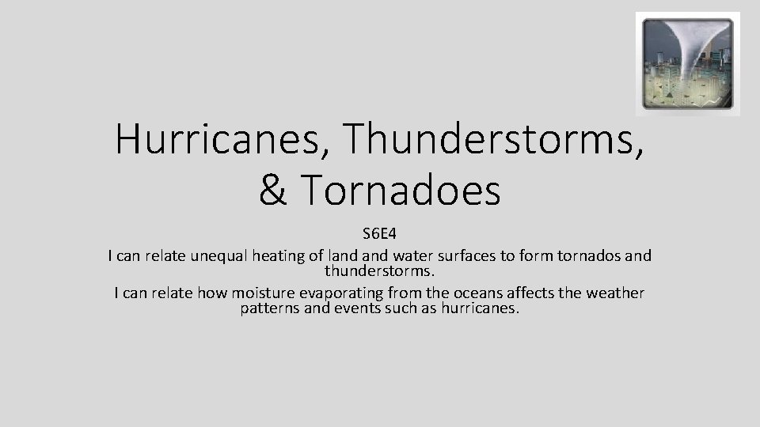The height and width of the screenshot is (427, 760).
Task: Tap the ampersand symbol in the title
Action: pos(274,191)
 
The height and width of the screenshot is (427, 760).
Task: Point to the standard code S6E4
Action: pos(379,235)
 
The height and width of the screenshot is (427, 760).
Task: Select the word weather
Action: pos(615,293)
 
